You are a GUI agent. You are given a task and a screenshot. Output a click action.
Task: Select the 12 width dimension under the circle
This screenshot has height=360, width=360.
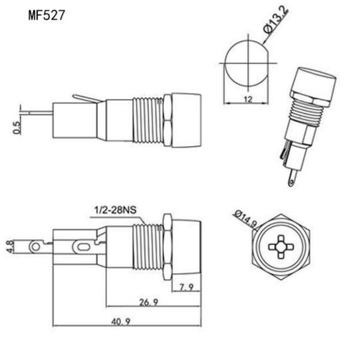point(247,99)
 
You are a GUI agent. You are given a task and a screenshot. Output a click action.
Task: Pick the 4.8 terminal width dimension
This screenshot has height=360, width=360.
point(10,247)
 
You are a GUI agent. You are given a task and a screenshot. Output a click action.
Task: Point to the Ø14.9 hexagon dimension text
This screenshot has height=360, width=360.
point(247,219)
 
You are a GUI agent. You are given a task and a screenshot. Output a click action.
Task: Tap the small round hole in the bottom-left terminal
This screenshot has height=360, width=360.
point(38,247)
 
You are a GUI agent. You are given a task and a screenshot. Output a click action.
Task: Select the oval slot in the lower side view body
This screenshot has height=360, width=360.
point(81,246)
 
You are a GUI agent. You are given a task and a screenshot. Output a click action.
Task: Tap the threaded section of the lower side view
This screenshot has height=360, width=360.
point(146,247)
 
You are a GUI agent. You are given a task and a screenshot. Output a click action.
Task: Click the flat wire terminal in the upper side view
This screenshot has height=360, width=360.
point(37,112)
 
